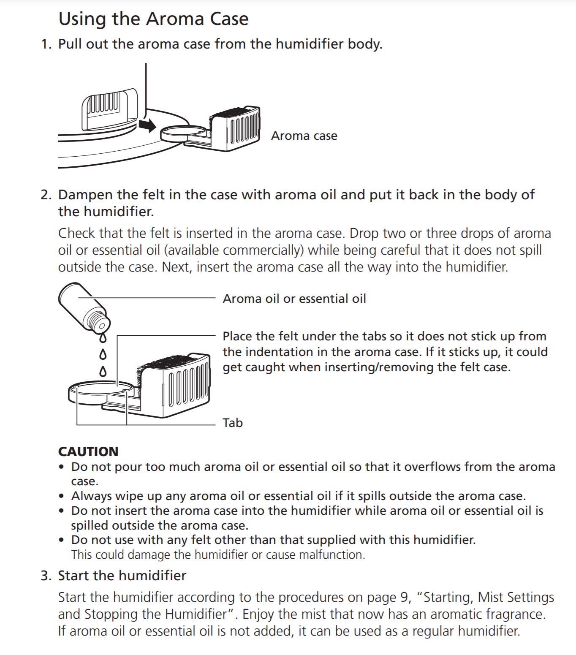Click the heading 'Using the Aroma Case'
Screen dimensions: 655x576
coord(153,19)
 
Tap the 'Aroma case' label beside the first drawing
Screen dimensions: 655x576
coord(304,136)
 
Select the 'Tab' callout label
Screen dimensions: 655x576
coord(233,423)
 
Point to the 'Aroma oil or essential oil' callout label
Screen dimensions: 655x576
coord(294,299)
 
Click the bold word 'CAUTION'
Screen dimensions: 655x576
coord(88,451)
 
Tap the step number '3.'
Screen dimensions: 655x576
coord(46,576)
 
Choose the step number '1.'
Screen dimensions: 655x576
coord(46,44)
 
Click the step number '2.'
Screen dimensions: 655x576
coord(46,195)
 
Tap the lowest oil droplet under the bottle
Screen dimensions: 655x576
coord(102,372)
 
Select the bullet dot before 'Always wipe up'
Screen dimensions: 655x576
coord(62,496)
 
